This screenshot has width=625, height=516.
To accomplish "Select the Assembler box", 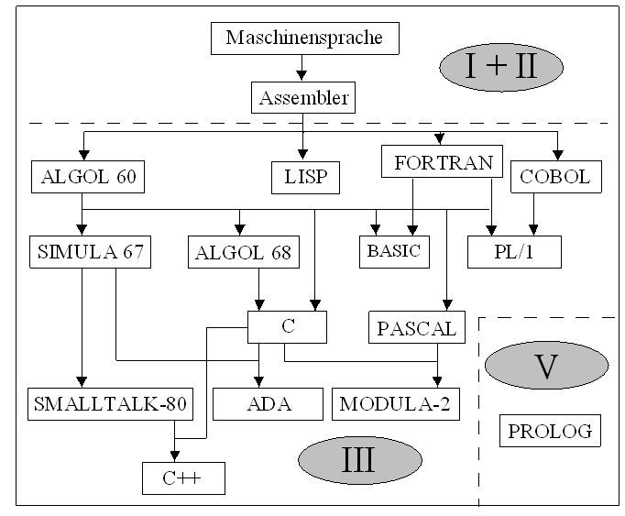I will [303, 97].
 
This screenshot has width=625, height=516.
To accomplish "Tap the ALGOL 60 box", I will [88, 176].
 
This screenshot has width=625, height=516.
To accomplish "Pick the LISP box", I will [305, 176].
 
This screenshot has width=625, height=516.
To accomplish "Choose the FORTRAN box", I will [442, 164].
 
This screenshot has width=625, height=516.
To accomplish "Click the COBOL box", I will [556, 176].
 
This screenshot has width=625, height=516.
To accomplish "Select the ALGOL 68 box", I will [244, 252].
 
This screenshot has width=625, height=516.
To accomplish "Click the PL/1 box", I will [513, 251].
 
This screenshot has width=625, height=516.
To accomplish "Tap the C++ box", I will [183, 478].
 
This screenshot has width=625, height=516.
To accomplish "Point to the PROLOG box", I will [550, 430].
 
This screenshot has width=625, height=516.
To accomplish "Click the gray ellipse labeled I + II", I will [500, 69].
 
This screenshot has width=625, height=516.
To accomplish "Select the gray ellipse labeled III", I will [356, 458].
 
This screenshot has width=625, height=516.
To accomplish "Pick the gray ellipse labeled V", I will [547, 366].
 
